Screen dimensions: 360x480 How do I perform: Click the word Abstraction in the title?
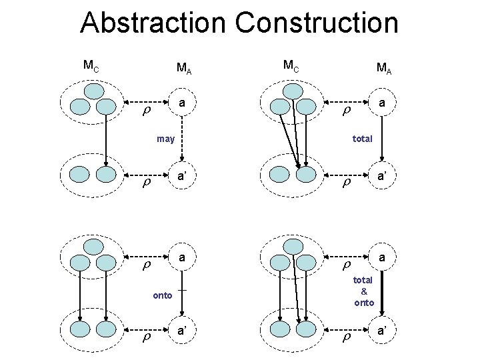(x=153, y=23)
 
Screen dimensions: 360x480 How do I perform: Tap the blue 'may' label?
(x=165, y=139)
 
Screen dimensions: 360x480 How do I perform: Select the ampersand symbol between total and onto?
(x=363, y=291)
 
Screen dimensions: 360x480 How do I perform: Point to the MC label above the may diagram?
(x=91, y=65)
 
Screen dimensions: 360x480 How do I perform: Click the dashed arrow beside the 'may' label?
(x=182, y=140)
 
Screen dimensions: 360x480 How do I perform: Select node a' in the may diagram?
(x=182, y=177)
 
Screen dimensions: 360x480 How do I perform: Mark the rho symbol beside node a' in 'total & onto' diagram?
(x=346, y=339)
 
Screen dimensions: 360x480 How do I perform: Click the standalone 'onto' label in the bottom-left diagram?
(x=162, y=295)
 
